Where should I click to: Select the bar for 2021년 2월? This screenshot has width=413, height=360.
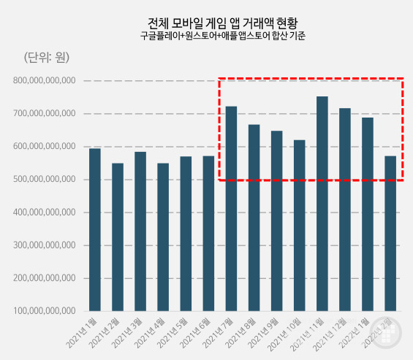(118, 237)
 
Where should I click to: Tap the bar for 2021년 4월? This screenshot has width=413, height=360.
(163, 237)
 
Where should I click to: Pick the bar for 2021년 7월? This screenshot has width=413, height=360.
(231, 209)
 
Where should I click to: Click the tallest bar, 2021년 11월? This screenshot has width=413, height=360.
(322, 204)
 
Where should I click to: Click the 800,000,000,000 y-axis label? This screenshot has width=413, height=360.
(45, 80)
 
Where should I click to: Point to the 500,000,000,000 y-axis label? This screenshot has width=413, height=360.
(45, 180)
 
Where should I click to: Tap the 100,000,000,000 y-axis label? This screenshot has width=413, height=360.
(45, 311)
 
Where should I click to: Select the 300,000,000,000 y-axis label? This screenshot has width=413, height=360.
(45, 245)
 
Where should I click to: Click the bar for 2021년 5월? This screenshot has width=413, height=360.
(186, 234)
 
